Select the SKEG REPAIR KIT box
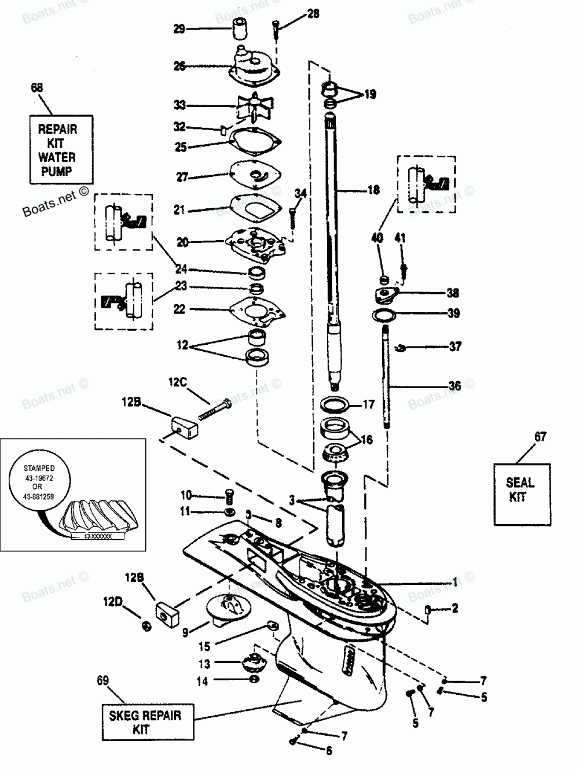[145, 721]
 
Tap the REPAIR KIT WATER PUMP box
[57, 150]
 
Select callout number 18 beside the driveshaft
[373, 189]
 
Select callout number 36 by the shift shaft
[455, 386]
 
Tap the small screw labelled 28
[276, 27]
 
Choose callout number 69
[102, 681]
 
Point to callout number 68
[36, 88]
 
